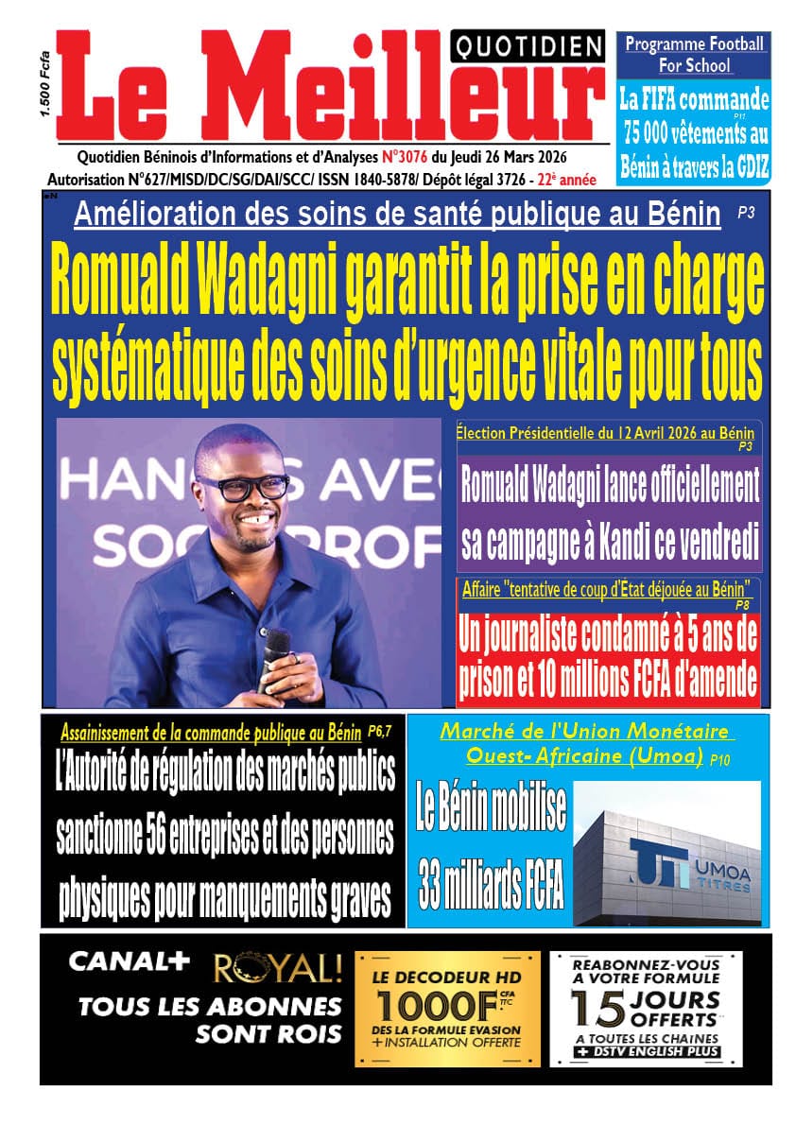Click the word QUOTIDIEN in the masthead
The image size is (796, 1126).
(528, 44)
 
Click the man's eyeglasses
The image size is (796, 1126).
(243, 486)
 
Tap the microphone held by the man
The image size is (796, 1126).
(276, 650)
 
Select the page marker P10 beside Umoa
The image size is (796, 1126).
(723, 759)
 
